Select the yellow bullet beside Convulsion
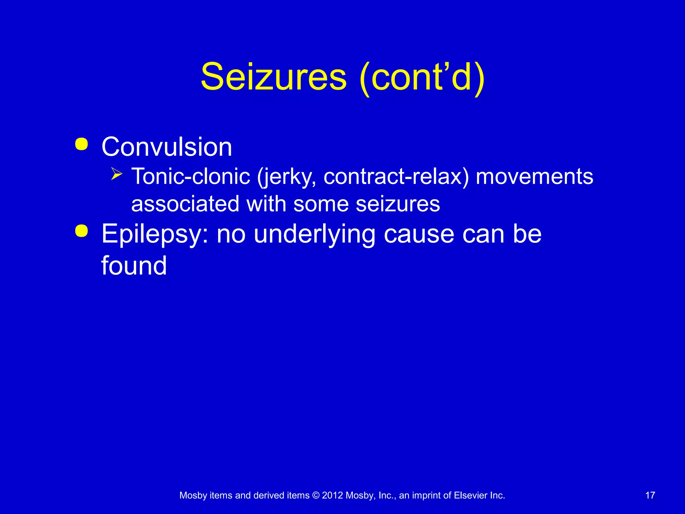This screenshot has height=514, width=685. click(x=82, y=144)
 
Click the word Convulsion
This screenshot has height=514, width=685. click(x=167, y=147)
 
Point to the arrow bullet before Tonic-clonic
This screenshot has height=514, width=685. click(x=116, y=174)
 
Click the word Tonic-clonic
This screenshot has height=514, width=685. click(x=191, y=176)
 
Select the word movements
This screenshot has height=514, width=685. click(x=534, y=176)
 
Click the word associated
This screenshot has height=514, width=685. click(x=185, y=204)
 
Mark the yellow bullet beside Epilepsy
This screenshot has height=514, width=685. click(x=82, y=231)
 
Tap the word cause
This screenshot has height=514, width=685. click(x=419, y=234)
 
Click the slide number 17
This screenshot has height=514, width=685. click(x=650, y=495)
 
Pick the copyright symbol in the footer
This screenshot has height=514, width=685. click(x=315, y=496)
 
